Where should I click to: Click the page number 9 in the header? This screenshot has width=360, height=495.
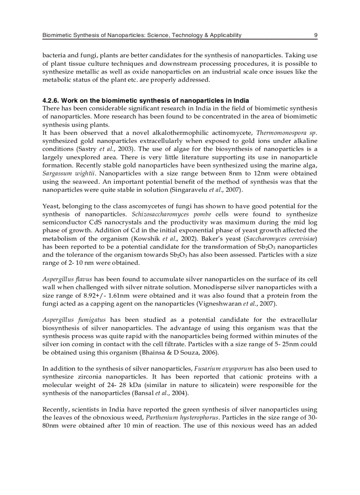pos(315,35)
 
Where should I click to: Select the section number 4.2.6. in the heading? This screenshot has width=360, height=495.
pos(51,100)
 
